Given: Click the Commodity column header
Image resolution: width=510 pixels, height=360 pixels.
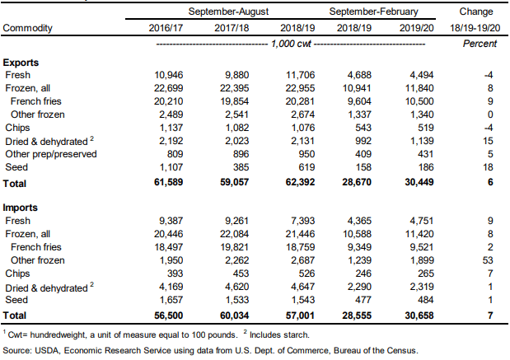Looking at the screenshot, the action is [27, 28].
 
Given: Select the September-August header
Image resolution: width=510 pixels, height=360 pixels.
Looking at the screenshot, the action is [228, 12].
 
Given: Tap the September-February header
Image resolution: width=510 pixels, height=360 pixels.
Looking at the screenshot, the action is [373, 12].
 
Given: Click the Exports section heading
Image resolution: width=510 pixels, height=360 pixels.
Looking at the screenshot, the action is [21, 63].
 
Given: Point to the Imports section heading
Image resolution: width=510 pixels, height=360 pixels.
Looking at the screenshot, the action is [20, 208].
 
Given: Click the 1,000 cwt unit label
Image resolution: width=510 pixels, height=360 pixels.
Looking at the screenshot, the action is [291, 44].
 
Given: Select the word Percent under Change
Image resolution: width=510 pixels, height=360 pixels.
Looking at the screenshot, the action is [480, 44].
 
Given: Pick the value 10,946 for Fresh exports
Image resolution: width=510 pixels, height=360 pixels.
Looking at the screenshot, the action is [168, 75].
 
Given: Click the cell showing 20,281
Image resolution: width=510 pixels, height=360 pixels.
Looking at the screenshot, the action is [300, 101].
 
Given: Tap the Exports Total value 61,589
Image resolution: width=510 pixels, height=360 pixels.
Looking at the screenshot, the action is [168, 182].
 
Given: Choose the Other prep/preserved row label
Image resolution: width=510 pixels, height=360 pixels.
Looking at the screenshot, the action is [51, 154].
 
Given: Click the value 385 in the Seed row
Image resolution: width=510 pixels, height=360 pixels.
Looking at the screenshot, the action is [241, 167].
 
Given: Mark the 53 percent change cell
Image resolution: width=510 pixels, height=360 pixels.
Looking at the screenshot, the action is [488, 260].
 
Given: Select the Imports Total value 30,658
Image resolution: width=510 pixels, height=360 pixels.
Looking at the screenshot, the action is [419, 316].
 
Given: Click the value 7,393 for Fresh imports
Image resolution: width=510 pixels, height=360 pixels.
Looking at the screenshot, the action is [302, 221].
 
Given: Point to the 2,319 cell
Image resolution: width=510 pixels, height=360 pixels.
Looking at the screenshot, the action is [422, 287].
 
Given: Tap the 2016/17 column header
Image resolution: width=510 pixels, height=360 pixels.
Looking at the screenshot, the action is [166, 28].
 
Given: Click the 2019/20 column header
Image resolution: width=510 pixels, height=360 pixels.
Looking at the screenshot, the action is [416, 28].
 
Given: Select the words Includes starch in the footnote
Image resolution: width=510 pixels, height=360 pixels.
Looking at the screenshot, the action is [279, 335].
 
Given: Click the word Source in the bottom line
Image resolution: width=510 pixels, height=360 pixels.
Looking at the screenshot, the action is [16, 351].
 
